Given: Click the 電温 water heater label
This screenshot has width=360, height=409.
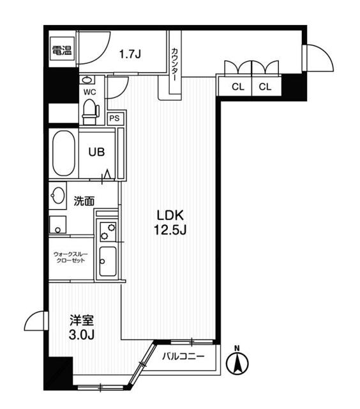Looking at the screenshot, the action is (x=62, y=50).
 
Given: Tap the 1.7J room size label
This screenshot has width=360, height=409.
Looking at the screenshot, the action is (x=130, y=54).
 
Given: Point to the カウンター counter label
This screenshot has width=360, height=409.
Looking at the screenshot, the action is (x=174, y=65).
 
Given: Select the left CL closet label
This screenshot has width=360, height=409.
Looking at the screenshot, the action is (x=238, y=87).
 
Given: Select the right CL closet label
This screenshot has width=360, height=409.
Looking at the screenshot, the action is (x=265, y=87).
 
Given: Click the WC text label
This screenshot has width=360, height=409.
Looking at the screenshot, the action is (x=89, y=92).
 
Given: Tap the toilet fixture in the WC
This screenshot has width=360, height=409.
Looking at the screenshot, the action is (x=91, y=112).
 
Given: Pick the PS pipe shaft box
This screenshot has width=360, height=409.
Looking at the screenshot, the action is (x=115, y=118).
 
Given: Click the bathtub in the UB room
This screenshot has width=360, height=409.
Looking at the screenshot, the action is (x=64, y=153).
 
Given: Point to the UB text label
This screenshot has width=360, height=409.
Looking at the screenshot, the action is (x=96, y=152).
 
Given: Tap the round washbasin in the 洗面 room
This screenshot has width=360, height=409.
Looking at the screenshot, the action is (x=58, y=196).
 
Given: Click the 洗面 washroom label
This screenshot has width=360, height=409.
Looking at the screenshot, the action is (x=84, y=201).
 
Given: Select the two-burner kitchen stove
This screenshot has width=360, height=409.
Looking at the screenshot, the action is (x=108, y=231).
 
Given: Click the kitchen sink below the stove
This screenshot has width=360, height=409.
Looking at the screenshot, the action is (x=108, y=261).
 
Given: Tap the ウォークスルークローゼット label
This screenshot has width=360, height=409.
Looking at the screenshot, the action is (x=71, y=257).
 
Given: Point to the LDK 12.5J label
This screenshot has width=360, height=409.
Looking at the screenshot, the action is (x=170, y=222).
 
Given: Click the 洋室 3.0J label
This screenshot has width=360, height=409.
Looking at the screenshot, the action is (x=82, y=327).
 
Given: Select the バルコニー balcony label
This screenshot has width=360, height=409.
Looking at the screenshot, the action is (x=183, y=357).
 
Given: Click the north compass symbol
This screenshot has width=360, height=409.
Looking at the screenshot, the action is (x=237, y=361).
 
